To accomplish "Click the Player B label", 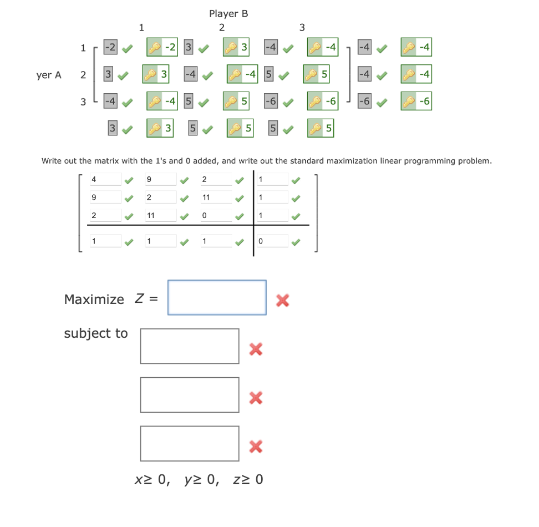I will [228, 14].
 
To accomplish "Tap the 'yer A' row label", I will [49, 75].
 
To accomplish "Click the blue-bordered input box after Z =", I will [217, 297].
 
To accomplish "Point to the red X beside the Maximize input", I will [282, 301].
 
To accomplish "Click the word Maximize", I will [94, 300].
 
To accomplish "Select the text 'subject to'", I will [96, 333].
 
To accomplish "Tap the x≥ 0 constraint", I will [151, 479].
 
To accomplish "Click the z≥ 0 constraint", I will [248, 479].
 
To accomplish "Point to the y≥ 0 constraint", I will [201, 479].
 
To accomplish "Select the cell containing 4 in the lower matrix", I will [105, 179].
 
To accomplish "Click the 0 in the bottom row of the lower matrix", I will [272, 241].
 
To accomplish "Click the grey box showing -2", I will [111, 47].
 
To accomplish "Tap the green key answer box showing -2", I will [162, 47].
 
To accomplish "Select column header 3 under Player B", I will [302, 27].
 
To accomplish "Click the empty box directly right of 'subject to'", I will [190, 346].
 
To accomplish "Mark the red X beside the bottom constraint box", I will [255, 446].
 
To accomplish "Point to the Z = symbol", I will [146, 300].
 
